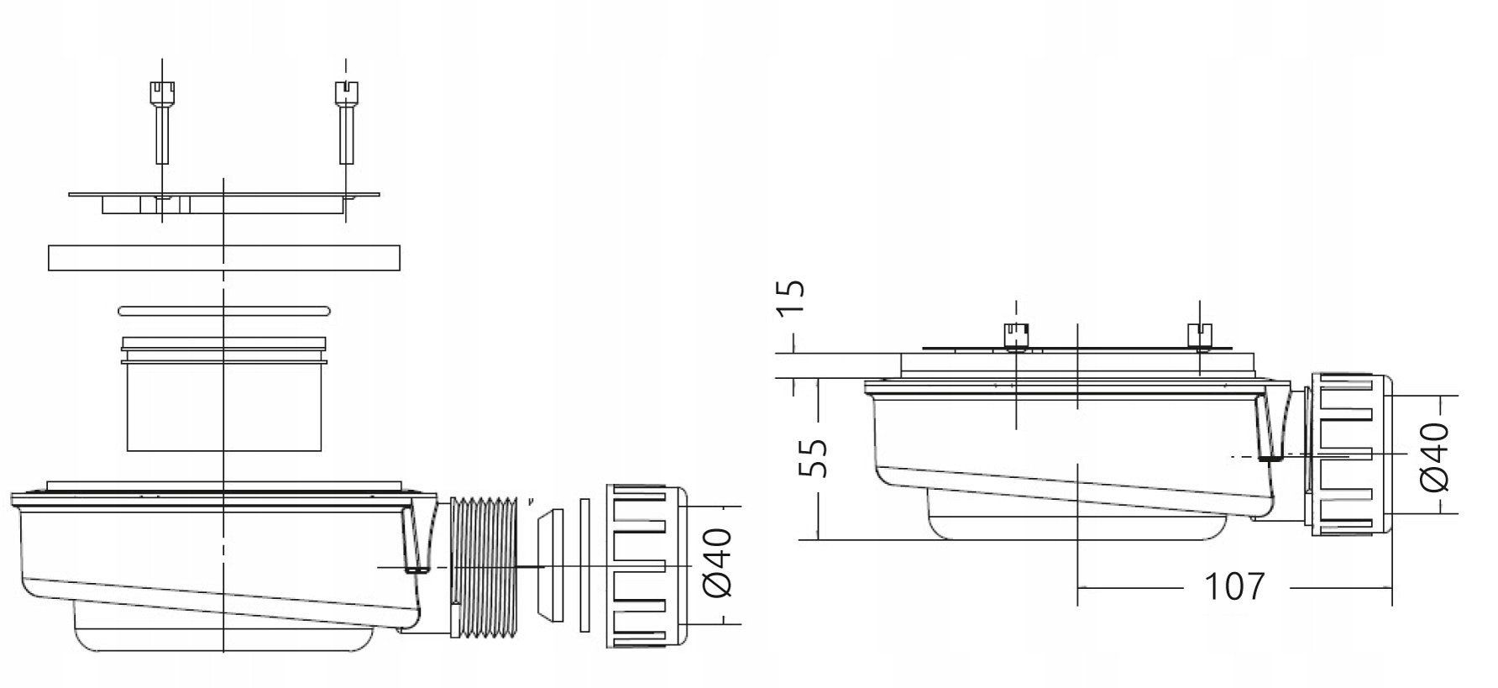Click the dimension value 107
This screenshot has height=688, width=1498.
point(1234,586)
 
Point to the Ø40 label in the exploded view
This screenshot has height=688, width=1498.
point(717,562)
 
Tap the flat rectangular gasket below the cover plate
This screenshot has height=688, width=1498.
point(224,258)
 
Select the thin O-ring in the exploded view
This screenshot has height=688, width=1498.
point(224,311)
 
